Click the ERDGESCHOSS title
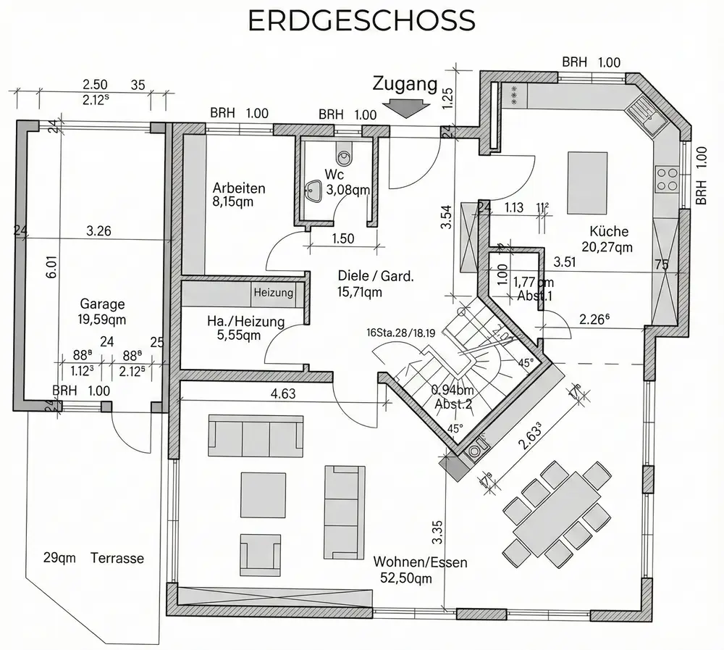(361, 21)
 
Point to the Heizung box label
(274, 293)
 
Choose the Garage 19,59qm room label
(102, 311)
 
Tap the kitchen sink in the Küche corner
(646, 117)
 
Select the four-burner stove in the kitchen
(667, 179)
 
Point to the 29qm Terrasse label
(93, 558)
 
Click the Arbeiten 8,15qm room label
(238, 195)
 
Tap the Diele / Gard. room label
(376, 283)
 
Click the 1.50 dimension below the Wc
(343, 238)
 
